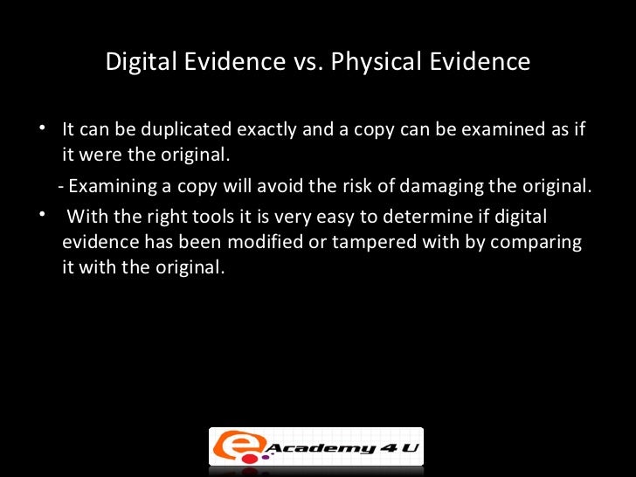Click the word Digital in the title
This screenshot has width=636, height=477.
[138, 63]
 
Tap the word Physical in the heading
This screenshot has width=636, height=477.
[374, 63]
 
